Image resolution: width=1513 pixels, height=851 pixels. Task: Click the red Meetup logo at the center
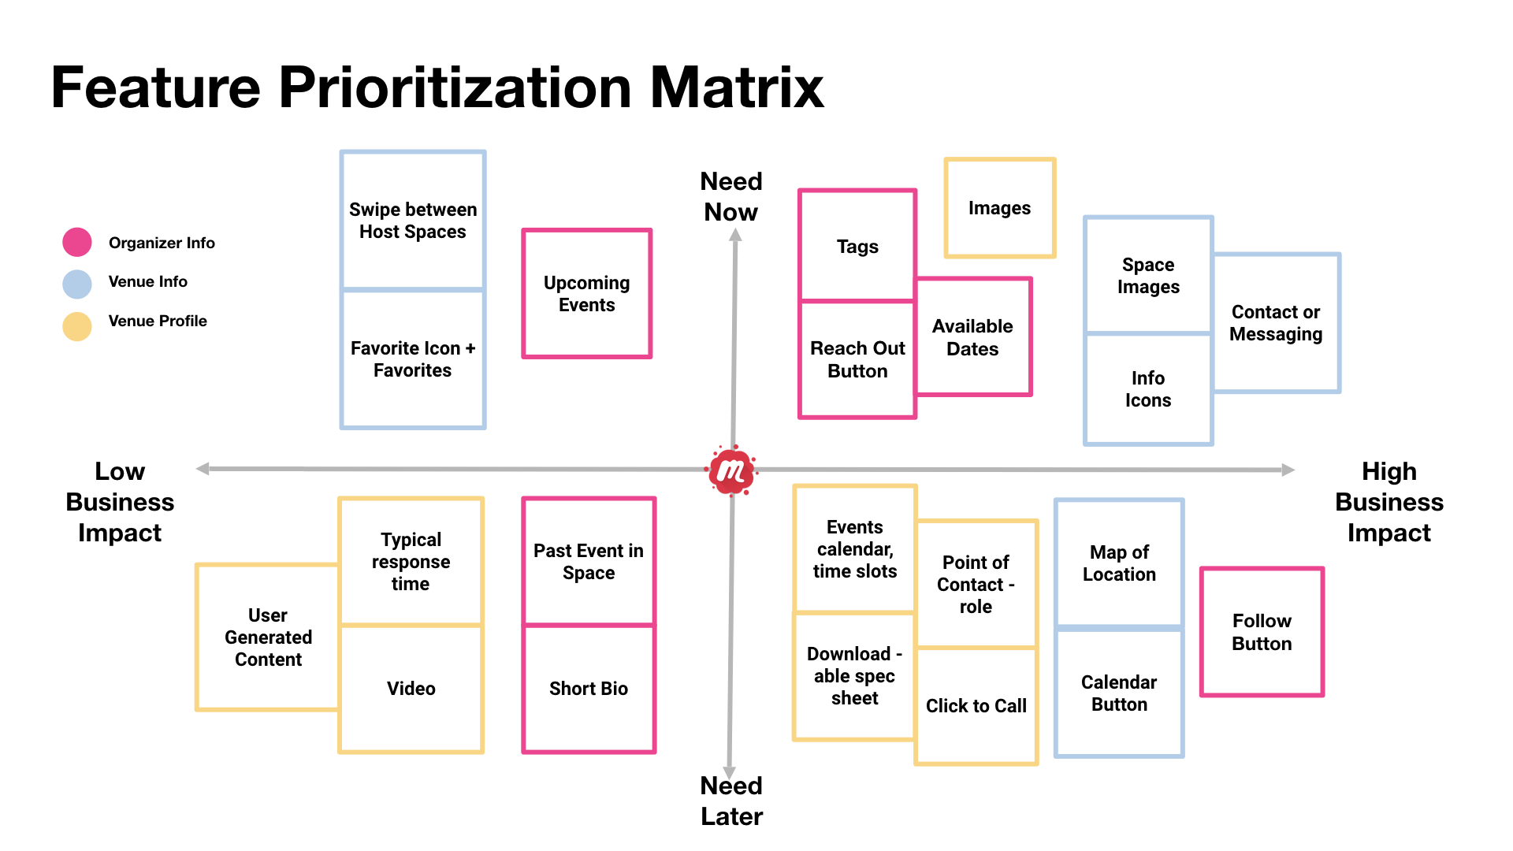click(731, 470)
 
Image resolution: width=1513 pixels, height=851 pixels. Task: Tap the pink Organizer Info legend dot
click(77, 242)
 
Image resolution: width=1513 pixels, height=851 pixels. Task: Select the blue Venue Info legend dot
click(77, 284)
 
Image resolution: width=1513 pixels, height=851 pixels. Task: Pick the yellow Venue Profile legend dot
click(77, 326)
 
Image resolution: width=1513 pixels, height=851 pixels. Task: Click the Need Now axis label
click(731, 196)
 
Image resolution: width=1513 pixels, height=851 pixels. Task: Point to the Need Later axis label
click(731, 801)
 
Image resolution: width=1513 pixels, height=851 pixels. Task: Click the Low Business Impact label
click(120, 502)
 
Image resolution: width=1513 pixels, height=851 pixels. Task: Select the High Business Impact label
click(1389, 502)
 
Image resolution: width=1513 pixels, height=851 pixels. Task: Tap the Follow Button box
click(1262, 632)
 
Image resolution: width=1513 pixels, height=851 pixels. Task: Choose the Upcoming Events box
click(587, 294)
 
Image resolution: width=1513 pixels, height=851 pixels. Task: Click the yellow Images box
click(1000, 208)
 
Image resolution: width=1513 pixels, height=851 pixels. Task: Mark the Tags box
click(857, 245)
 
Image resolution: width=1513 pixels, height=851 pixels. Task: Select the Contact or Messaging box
click(1277, 323)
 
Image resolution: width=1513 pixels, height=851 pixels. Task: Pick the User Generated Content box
click(268, 637)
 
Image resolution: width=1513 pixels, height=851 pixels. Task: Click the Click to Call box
click(976, 706)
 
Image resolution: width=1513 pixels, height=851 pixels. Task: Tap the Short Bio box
click(589, 689)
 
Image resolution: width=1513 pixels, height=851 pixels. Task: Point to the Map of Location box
click(1119, 563)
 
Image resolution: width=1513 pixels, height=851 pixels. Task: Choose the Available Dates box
click(974, 337)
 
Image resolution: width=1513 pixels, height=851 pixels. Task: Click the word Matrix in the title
click(737, 87)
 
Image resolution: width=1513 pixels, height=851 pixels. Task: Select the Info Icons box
click(1148, 389)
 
